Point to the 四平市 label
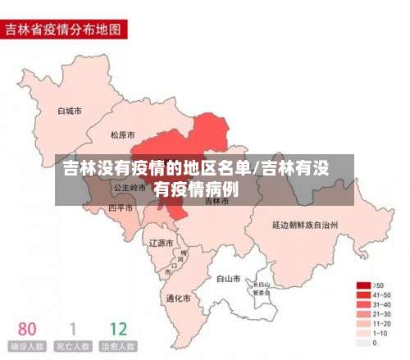[121, 208]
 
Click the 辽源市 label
[161, 243]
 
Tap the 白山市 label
[228, 279]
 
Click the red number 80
[27, 330]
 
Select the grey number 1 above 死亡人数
[72, 330]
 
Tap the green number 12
[118, 330]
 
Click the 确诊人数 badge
[27, 347]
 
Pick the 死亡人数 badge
[72, 347]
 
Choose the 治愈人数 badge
[118, 347]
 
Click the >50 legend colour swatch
[363, 285]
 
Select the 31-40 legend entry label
[382, 304]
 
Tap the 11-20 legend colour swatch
[363, 324]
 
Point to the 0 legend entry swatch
[363, 343]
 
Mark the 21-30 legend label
[382, 314]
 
